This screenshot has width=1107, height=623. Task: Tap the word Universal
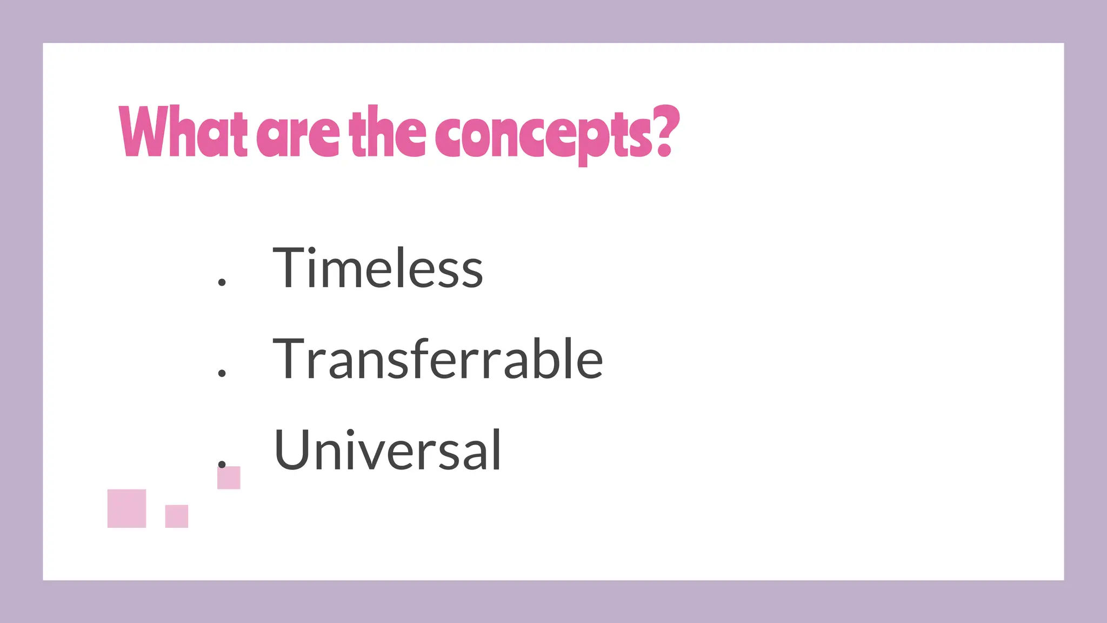pos(388,450)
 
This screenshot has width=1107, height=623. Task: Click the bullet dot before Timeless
pos(222,282)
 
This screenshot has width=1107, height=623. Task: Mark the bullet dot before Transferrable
pos(222,373)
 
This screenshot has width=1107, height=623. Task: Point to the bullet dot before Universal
pos(222,463)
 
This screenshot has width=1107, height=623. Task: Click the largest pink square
pos(126,508)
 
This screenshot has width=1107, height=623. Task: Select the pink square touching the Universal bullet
pos(229,478)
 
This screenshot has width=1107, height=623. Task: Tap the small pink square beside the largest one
pos(176,516)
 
